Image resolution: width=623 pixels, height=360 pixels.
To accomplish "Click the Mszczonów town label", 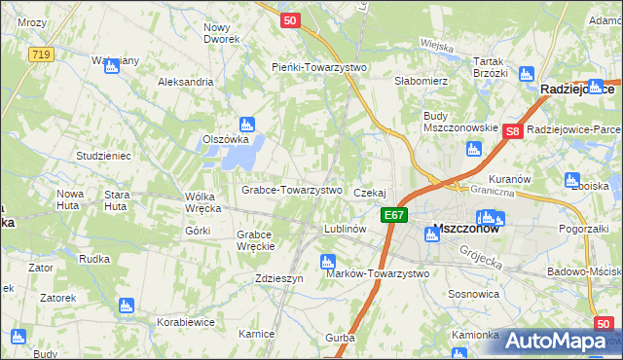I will point(465,230).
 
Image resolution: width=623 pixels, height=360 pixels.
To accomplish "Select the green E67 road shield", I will point(393,215).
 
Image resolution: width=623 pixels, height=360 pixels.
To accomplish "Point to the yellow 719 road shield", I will point(40,54).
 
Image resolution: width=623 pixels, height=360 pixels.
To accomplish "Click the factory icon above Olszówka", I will point(247,124).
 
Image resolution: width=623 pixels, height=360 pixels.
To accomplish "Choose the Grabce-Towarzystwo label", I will point(291,190).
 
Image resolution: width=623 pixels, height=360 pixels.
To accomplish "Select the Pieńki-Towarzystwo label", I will point(317,67).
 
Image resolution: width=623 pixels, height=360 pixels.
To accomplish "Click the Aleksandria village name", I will point(185,82).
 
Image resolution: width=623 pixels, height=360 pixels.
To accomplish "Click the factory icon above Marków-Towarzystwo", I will point(327,261).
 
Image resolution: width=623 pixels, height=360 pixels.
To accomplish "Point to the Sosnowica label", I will point(473,292).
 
